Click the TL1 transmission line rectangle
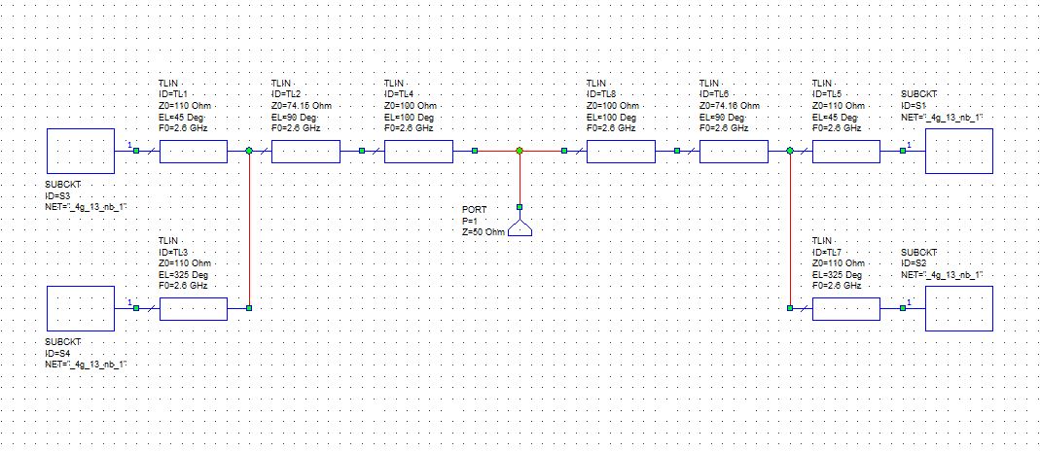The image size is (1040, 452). click(193, 151)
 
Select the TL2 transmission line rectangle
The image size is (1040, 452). click(305, 151)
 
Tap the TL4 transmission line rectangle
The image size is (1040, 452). click(418, 151)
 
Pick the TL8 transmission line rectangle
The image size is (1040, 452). click(621, 151)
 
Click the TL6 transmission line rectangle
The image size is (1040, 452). click(734, 151)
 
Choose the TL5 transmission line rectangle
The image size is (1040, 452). click(845, 151)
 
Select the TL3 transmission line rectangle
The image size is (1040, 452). click(193, 308)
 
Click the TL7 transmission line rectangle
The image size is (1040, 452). click(845, 308)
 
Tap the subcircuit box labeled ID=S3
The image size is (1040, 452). click(80, 151)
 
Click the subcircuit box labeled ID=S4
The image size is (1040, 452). click(80, 308)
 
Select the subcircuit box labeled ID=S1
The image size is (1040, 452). click(958, 151)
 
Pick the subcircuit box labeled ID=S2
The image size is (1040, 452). click(958, 308)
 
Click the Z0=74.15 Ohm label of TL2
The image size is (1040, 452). click(304, 105)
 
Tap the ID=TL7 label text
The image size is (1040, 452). click(829, 252)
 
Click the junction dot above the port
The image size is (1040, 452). click(520, 151)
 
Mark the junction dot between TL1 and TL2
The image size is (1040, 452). click(249, 151)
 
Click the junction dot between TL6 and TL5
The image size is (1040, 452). click(789, 151)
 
